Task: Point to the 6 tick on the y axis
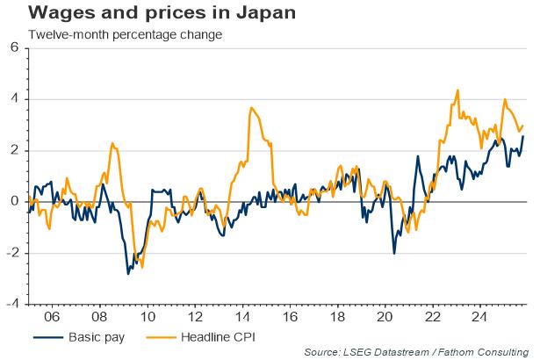(15, 48)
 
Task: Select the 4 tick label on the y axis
(15, 99)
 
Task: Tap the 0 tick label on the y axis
(15, 202)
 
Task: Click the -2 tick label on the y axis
(12, 253)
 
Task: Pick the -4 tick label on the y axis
(12, 304)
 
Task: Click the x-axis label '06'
(52, 316)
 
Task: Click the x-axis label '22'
(435, 316)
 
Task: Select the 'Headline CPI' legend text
(220, 336)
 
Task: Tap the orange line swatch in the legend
(158, 336)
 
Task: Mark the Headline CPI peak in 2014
(251, 108)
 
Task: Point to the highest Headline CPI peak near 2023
(458, 90)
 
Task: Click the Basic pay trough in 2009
(128, 274)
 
